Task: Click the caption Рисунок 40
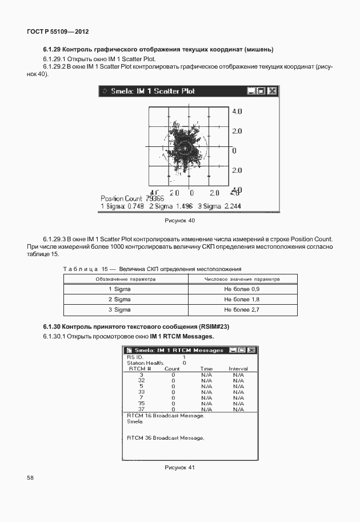pos(179,220)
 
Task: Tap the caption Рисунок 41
pos(179,467)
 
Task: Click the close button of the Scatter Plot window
pos(272,91)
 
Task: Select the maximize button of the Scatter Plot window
pos(262,91)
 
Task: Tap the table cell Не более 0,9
pos(242,289)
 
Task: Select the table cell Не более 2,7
pos(242,309)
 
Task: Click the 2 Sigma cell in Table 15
pos(119,300)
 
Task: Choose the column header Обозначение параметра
pos(119,279)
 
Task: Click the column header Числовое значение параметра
pos(242,279)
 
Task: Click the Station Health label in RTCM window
pos(145,363)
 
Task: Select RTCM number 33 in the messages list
pos(141,392)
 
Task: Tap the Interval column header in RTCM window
pos(238,369)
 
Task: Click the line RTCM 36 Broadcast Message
pos(165,438)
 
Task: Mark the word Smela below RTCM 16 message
pos(134,422)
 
